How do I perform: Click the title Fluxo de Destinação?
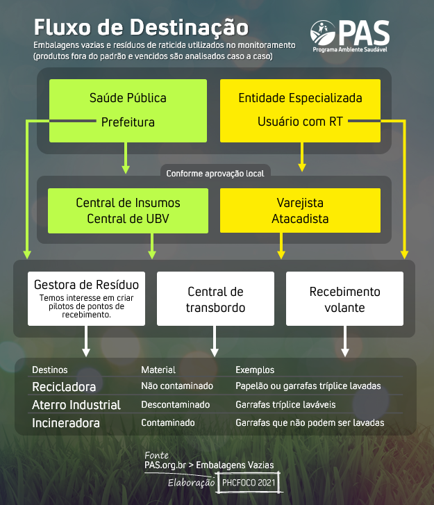[x=141, y=27]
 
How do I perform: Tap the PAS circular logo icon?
[x=323, y=33]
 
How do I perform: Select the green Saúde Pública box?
[x=128, y=110]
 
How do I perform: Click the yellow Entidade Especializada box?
[x=300, y=110]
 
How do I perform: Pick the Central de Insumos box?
[x=128, y=210]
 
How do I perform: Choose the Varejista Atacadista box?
[x=300, y=210]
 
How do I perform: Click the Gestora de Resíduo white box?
[x=86, y=299]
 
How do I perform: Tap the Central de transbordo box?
[x=215, y=299]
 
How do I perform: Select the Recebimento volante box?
[x=344, y=299]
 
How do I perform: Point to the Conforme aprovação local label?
[x=215, y=174]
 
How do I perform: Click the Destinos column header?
[x=50, y=370]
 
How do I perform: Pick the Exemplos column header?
[x=255, y=370]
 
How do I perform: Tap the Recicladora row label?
[x=64, y=387]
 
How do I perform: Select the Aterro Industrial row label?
[x=76, y=405]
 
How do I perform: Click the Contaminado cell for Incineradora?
[x=168, y=422]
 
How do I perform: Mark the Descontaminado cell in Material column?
[x=176, y=404]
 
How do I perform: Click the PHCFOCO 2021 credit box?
[x=249, y=483]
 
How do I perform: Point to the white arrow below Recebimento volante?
[x=345, y=341]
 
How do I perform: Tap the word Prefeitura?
[x=128, y=122]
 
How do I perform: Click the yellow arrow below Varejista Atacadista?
[x=281, y=246]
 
